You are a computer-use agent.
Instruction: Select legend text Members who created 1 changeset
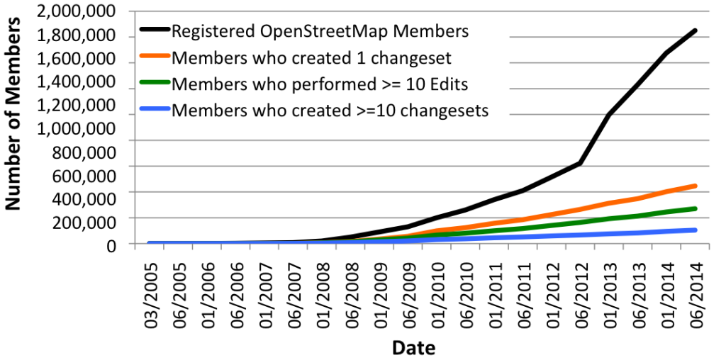click(312, 57)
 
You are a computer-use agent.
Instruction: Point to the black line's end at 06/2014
click(694, 30)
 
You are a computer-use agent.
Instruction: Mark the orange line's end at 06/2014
click(694, 186)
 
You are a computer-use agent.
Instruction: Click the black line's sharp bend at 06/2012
click(581, 163)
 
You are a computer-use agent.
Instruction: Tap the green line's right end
click(694, 208)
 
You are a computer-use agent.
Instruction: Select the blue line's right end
click(694, 230)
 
